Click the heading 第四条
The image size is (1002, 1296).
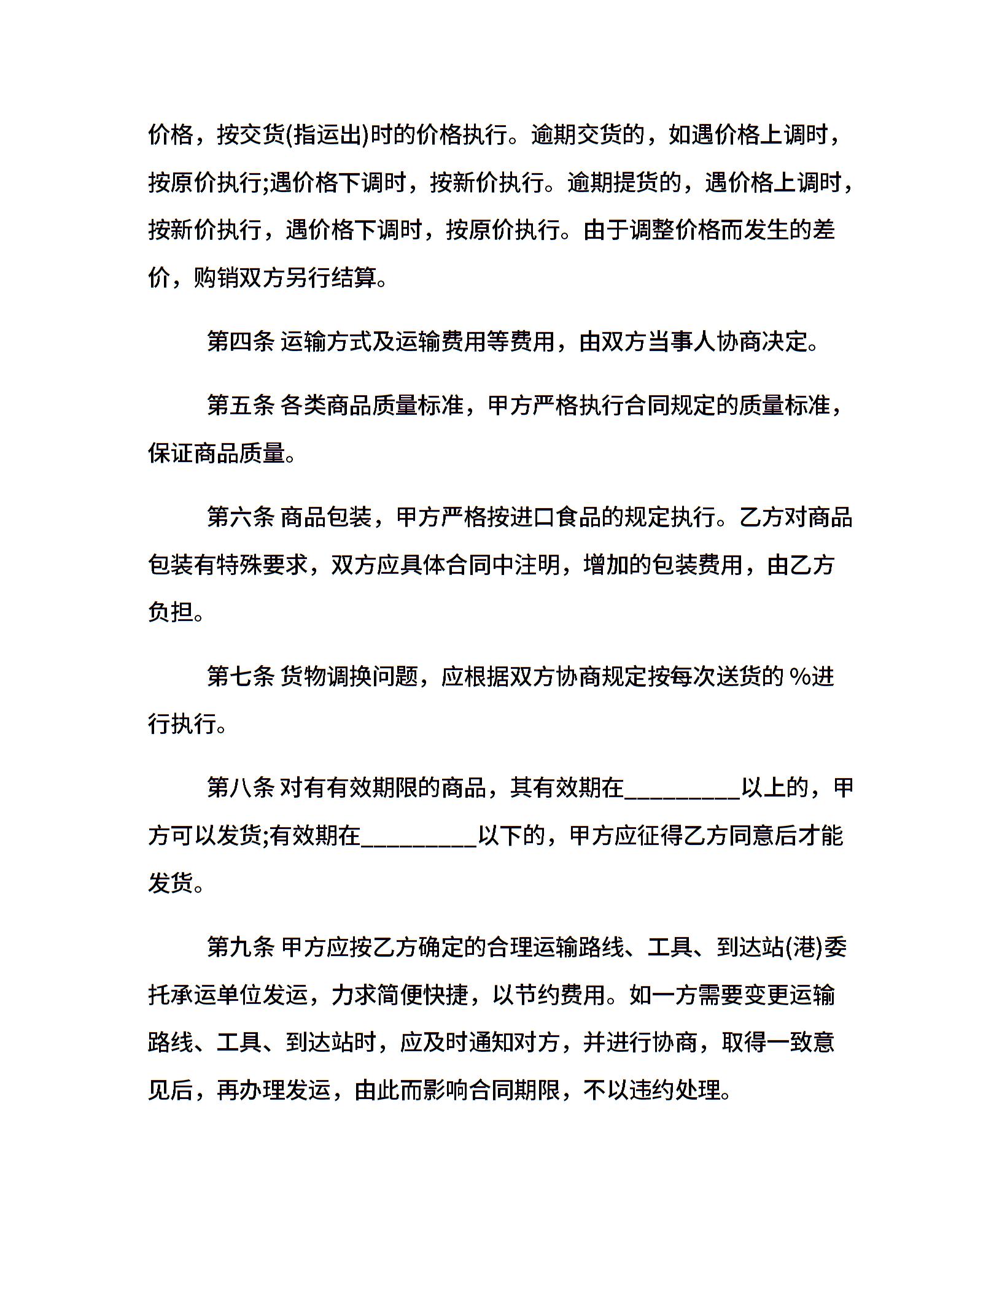pyautogui.click(x=240, y=341)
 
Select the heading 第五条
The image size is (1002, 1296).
pyautogui.click(x=240, y=405)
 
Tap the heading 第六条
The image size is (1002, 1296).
pyautogui.click(x=240, y=517)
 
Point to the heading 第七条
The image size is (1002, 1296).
pyautogui.click(x=240, y=676)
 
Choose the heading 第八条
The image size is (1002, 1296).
pyautogui.click(x=240, y=787)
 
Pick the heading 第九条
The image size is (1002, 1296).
pyautogui.click(x=240, y=947)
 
